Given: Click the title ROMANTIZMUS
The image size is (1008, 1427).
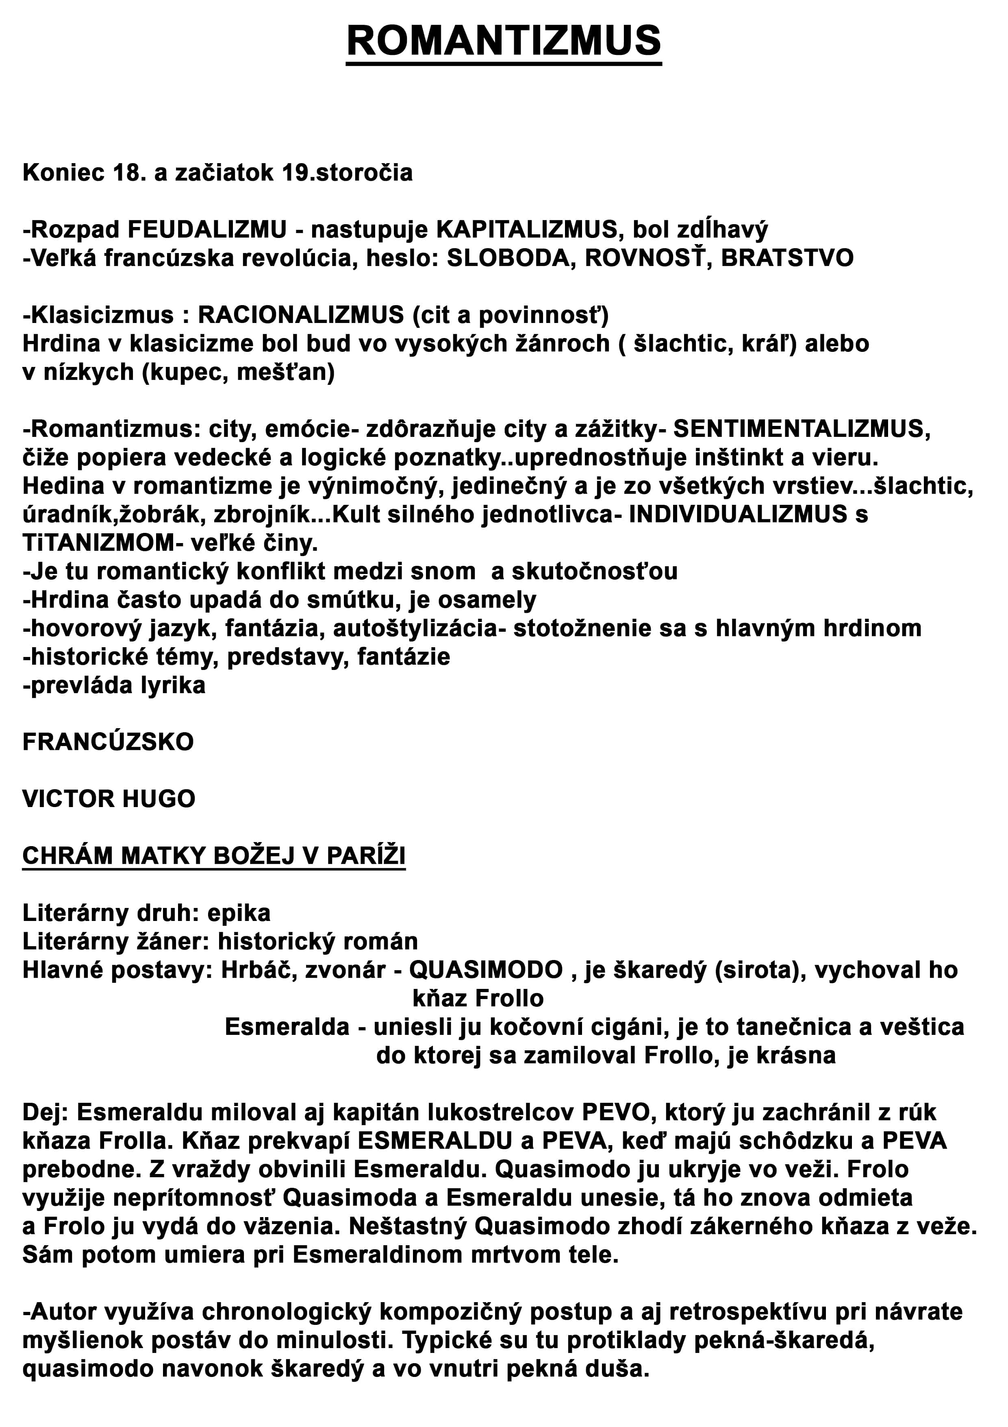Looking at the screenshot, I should (x=504, y=41).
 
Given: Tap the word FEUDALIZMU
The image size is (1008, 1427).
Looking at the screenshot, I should (x=207, y=230).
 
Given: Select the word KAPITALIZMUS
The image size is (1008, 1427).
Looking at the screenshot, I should (x=527, y=230).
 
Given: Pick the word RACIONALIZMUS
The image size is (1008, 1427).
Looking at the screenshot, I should (x=301, y=315).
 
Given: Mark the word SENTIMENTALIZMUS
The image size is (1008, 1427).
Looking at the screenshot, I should (x=801, y=429).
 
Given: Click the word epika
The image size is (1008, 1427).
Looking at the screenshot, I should (x=239, y=913).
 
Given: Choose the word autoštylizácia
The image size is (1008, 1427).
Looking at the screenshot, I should (x=415, y=628).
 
